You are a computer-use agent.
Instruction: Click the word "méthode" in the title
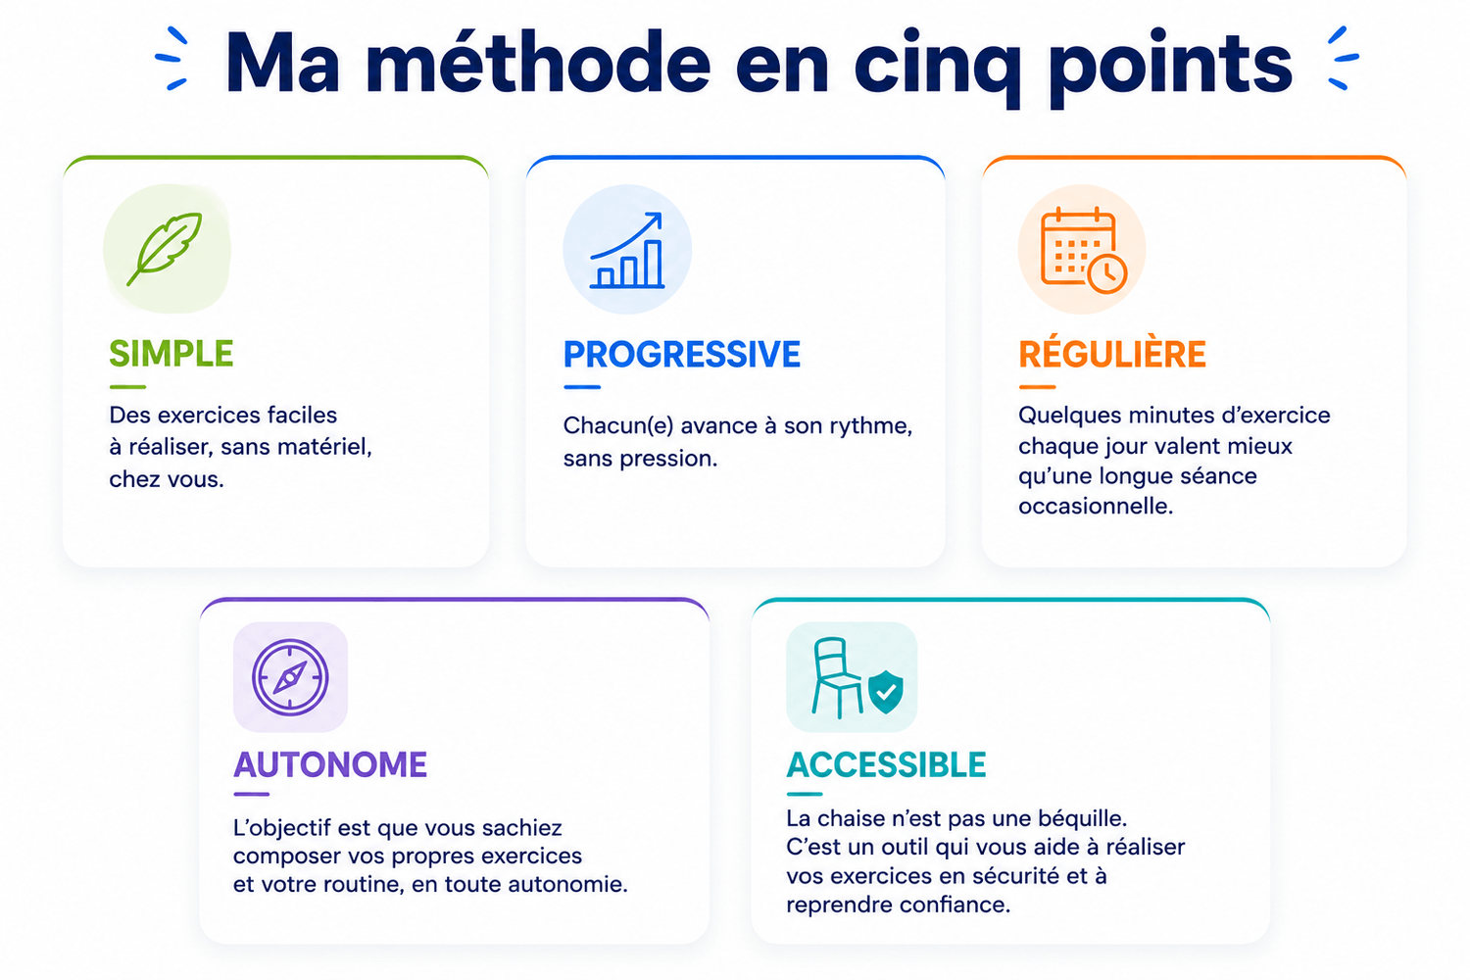tap(537, 63)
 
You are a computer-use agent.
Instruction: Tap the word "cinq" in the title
tap(938, 69)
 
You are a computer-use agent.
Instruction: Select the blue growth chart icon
tap(627, 250)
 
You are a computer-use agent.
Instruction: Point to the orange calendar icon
tap(1084, 250)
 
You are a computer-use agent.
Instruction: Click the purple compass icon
tap(290, 677)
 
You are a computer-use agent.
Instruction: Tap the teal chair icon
tap(837, 677)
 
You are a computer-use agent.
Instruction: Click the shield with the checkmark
tap(885, 692)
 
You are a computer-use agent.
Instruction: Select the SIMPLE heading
tap(171, 354)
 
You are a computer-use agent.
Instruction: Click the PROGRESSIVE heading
tap(682, 355)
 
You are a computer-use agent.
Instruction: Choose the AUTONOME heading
tap(330, 764)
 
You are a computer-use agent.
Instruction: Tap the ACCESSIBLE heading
tap(886, 764)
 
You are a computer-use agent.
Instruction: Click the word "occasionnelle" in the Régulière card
tap(1096, 506)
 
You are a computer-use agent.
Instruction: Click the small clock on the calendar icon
tap(1107, 272)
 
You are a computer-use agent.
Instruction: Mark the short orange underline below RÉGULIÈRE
tap(1037, 387)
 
